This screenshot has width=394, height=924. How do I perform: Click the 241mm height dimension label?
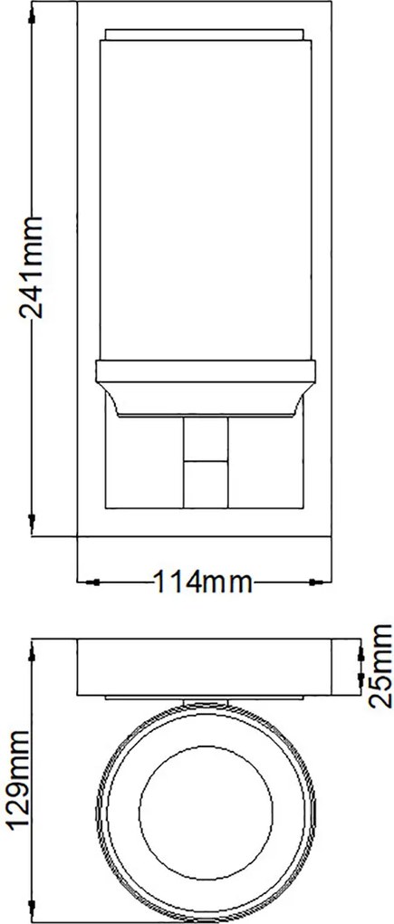pos(31,267)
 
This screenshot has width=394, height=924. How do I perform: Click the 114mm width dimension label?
pos(203,582)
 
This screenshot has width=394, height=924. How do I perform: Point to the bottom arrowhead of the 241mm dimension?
pos(31,521)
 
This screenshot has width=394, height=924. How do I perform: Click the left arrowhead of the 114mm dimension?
pos(89,582)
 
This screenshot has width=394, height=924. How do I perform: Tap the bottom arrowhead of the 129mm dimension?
pos(31,911)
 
